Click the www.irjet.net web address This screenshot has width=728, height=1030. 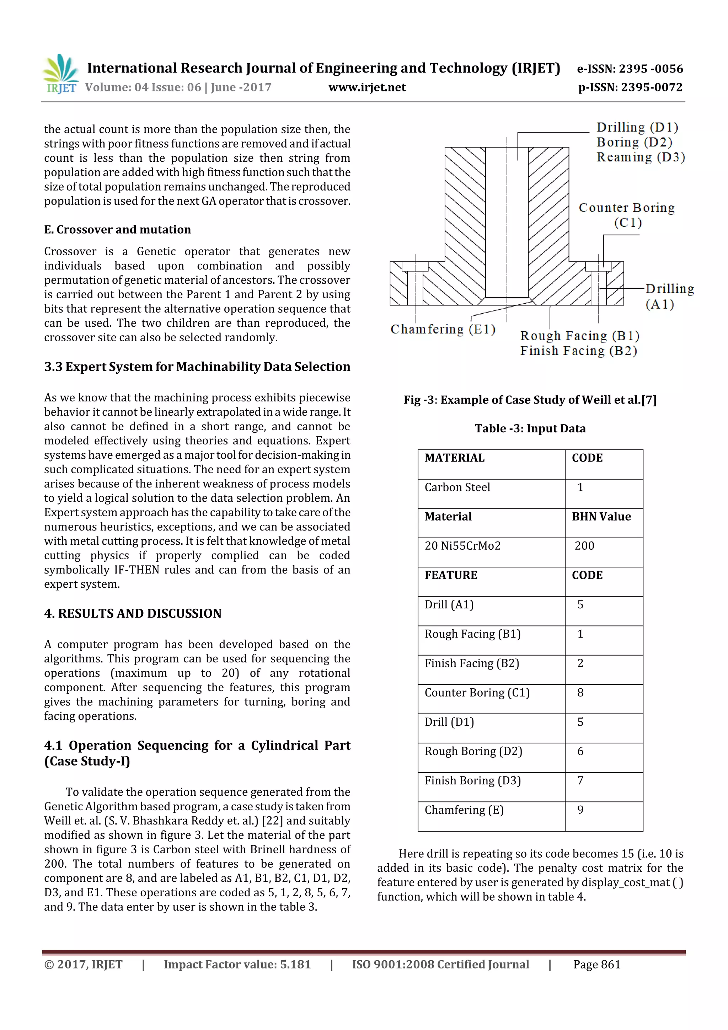366,87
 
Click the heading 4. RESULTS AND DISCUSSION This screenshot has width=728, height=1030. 133,613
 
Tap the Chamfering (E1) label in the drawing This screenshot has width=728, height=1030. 443,329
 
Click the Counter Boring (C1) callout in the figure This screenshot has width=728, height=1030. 627,215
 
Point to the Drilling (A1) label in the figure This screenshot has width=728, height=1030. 669,296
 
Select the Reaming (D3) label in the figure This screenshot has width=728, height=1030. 641,158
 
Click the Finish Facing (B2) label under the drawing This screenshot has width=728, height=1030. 578,351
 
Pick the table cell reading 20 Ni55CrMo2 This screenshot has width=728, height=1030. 462,546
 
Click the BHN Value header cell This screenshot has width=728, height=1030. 601,517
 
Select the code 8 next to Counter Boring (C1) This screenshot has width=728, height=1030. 580,693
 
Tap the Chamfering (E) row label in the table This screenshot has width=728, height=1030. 464,810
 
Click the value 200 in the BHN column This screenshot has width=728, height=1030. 584,546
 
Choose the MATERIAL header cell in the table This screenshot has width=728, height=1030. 454,458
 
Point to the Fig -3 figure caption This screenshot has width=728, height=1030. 530,400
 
